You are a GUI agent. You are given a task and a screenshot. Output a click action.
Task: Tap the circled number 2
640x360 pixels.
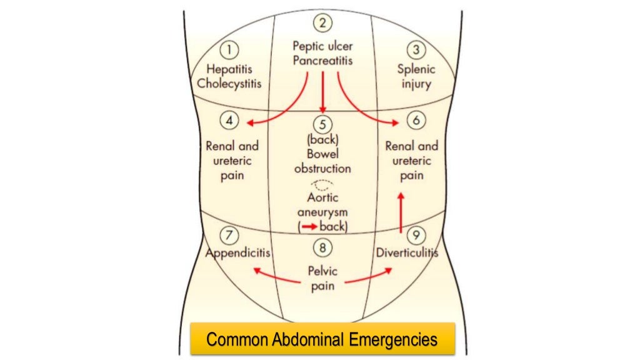coord(322,24)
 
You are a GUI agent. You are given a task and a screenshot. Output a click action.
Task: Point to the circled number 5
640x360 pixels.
coord(322,124)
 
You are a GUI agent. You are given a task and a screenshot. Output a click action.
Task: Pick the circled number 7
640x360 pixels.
coord(230,236)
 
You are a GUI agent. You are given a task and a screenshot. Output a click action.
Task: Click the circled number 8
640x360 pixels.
coord(322,248)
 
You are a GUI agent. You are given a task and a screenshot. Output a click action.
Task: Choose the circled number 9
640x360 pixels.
coord(416,236)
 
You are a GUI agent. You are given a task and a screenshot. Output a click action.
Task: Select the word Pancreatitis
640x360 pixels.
coord(322,61)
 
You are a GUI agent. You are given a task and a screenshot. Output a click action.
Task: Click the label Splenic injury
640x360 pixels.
coord(416,76)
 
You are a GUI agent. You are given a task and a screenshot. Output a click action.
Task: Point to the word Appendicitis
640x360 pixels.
coord(237,253)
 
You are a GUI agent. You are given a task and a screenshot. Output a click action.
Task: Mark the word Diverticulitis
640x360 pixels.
coord(407,253)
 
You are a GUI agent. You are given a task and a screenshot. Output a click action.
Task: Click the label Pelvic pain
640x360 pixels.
coord(322,279)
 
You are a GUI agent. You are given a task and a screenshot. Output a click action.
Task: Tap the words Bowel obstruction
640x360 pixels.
coord(322,161)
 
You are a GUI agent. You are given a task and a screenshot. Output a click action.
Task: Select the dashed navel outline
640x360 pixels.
coord(323,184)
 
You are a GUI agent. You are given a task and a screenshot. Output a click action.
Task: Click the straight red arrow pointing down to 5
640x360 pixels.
coord(322,91)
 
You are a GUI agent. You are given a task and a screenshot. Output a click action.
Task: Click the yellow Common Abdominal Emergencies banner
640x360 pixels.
coord(322,339)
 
